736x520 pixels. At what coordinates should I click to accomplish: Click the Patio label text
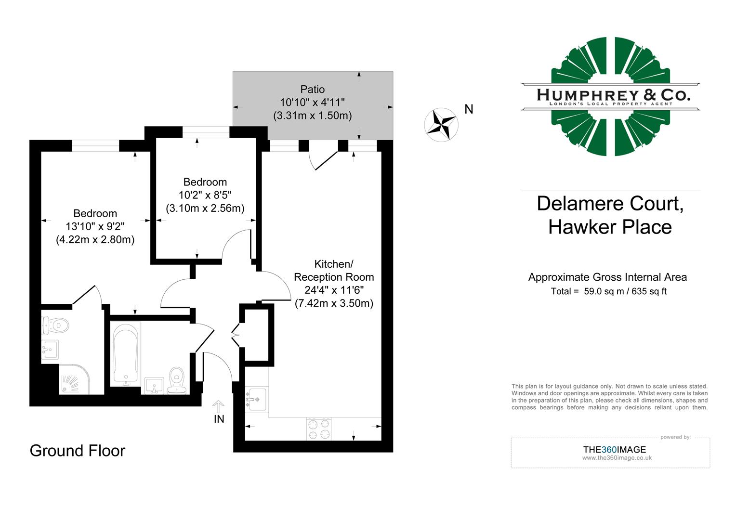click(313, 90)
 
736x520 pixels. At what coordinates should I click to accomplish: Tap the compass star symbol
click(441, 125)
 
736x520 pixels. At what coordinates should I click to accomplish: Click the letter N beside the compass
click(469, 110)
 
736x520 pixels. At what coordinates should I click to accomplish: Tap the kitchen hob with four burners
click(319, 429)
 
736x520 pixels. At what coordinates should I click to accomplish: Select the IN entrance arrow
click(219, 407)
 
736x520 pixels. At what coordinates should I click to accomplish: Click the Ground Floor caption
click(78, 451)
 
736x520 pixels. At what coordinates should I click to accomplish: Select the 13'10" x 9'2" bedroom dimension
click(95, 226)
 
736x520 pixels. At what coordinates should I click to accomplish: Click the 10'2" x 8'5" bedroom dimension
click(205, 195)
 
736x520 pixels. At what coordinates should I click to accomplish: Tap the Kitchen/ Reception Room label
click(334, 271)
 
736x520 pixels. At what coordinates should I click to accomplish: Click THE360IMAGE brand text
click(614, 450)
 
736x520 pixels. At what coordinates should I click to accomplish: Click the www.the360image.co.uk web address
click(617, 458)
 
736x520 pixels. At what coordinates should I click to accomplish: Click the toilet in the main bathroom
click(177, 378)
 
